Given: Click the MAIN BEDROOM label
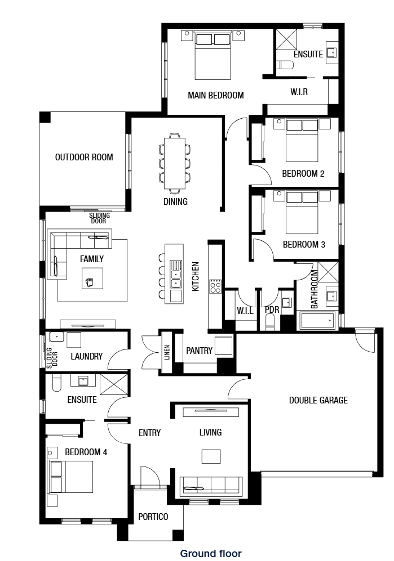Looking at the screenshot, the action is coord(216,95).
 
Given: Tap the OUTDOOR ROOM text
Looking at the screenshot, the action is coord(84,157).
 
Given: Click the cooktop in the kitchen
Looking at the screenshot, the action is coord(215,286).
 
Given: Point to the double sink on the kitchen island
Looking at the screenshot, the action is coord(175,275).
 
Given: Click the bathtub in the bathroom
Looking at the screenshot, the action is coord(317,321).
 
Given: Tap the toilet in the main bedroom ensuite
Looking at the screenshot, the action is coord(285,65).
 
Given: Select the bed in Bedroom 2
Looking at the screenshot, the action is coord(302,141).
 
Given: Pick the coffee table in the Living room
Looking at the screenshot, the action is coord(211,456).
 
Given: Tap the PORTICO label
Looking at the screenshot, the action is coord(153,517).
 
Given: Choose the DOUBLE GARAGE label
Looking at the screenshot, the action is coord(318,400).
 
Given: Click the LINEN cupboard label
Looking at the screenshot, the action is coord(167,352).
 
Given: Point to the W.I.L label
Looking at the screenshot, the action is coord(245,311).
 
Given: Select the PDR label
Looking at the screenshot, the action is coord(272,309).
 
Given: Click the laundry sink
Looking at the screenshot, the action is coord(56,337).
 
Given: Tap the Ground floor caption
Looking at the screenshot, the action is coord(211,554).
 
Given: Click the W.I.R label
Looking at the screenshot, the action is coord(299,92).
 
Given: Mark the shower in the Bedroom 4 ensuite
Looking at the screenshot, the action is coord(114,384).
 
